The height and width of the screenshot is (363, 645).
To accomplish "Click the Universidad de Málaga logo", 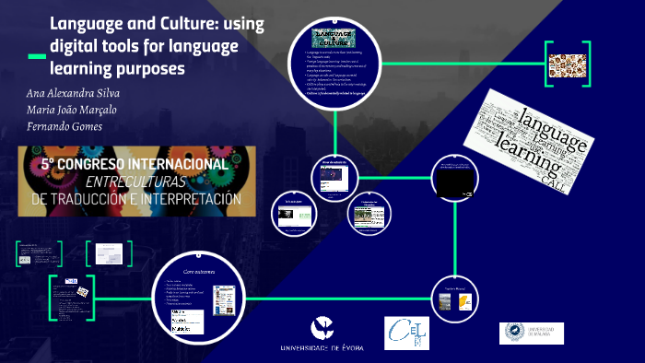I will coord(531,333).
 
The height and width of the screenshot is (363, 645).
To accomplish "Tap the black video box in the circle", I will coord(455,185).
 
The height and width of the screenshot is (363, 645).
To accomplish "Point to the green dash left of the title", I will coord(37,57).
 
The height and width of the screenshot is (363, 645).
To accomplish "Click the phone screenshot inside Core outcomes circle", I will coord(222,299).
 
